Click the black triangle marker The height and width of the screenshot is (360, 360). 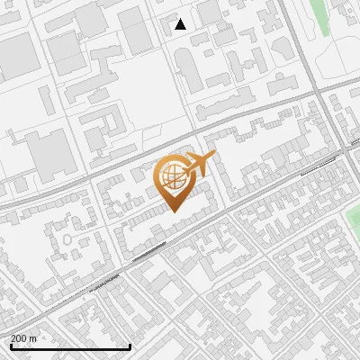click(181, 24)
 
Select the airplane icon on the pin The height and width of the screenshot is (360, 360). click(200, 163)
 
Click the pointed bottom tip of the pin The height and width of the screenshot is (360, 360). click(173, 211)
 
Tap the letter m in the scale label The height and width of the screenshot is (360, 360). click(34, 338)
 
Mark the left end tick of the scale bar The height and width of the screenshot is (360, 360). click(10, 346)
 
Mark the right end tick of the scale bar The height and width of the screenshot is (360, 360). click(130, 346)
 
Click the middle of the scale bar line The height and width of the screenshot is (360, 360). click(70, 347)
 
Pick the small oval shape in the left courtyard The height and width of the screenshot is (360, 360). click(67, 241)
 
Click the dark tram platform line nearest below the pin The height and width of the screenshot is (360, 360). click(148, 252)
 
